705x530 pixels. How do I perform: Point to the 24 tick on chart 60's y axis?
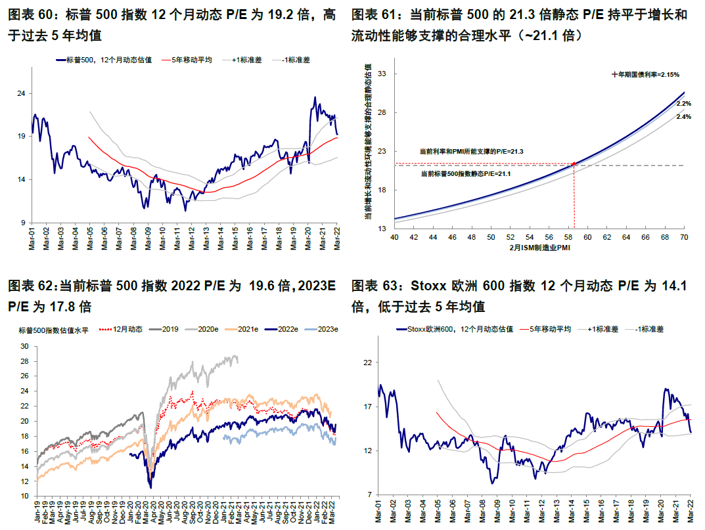[20, 93]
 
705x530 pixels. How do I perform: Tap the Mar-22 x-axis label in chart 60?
[336, 236]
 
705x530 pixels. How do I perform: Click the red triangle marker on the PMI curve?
[574, 163]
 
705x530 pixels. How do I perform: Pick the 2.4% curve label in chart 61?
[683, 116]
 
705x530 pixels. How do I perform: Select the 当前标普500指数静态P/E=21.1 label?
[466, 174]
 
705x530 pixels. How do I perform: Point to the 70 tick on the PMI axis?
[683, 236]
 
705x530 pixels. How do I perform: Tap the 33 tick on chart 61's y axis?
[381, 74]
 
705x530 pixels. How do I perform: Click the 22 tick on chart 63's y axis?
[368, 362]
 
